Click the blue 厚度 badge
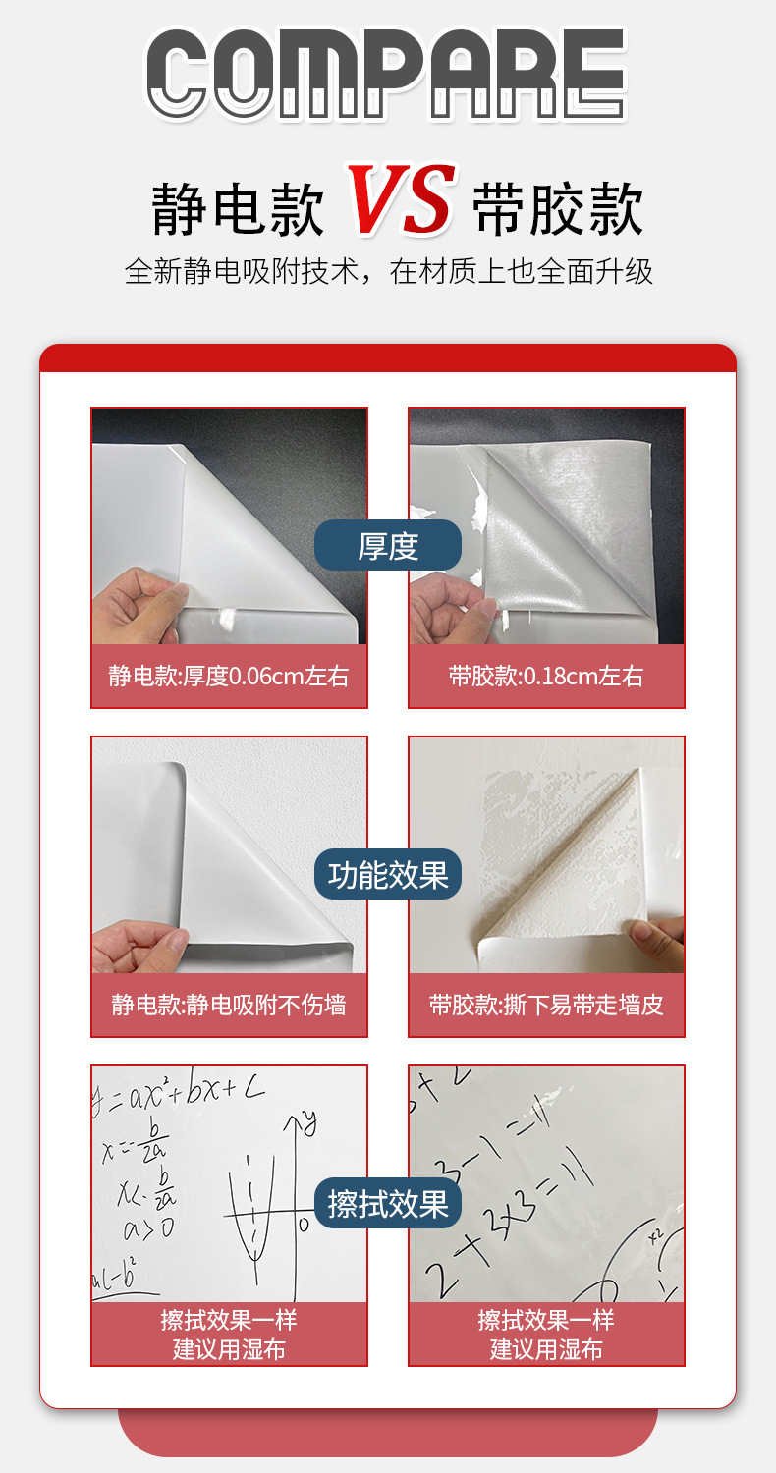point(387,546)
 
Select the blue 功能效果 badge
point(387,874)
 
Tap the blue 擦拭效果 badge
point(387,1203)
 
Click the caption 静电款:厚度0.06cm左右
point(229,676)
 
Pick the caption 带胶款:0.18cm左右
point(546,676)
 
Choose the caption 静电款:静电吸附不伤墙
point(229,1005)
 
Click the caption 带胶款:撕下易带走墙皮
point(546,1005)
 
